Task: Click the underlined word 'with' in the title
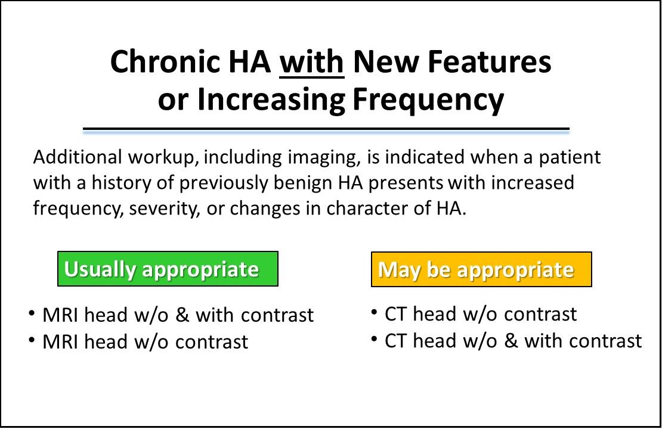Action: coord(311,61)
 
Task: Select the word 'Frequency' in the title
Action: coord(428,100)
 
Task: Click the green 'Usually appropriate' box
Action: coord(168,269)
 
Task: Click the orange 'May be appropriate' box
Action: coord(481,269)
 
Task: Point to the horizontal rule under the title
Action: coord(326,129)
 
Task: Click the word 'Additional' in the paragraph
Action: coord(78,157)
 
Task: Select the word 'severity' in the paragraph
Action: coord(164,209)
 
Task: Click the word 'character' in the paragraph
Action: coord(366,209)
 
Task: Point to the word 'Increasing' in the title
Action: coord(271,100)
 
